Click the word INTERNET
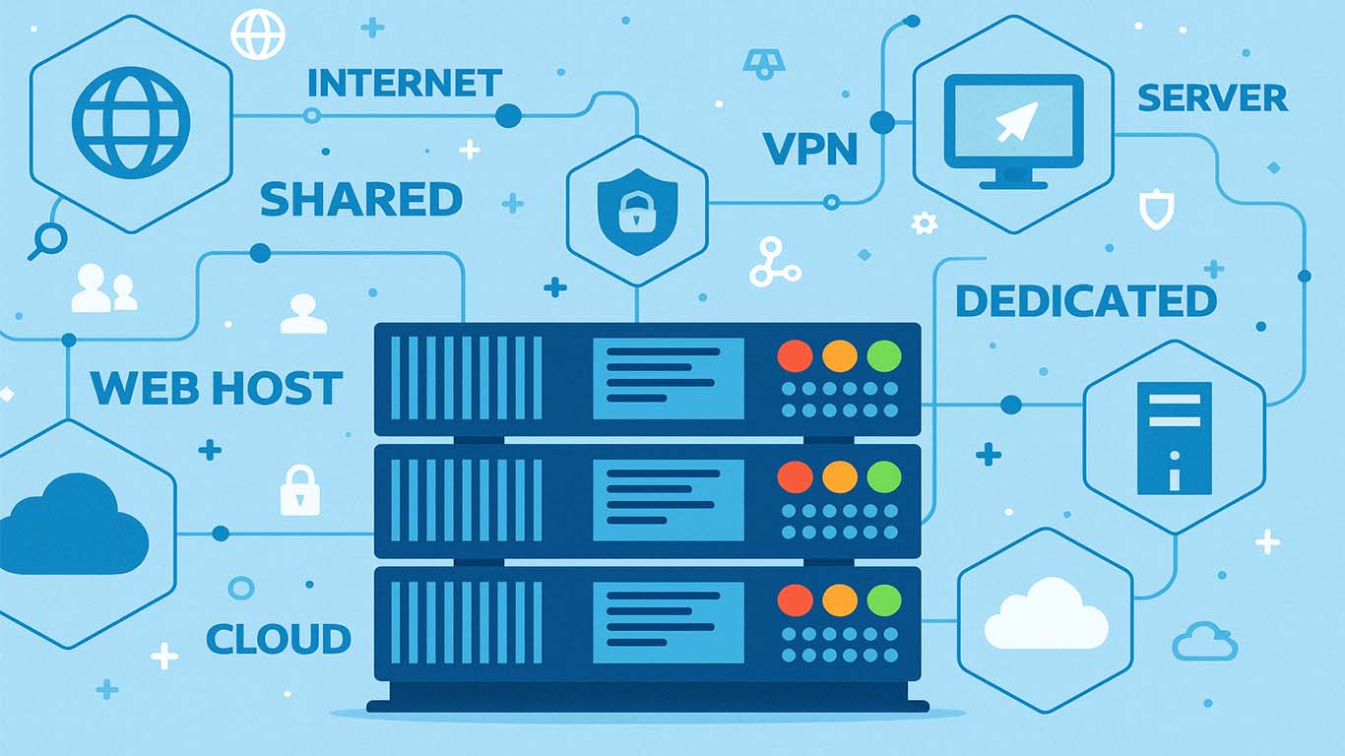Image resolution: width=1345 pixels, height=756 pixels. pos(405,84)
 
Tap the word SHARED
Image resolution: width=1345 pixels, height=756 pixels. pos(361,200)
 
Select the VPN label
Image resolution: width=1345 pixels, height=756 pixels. pos(810,149)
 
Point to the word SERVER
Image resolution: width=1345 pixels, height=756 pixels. pos(1212,98)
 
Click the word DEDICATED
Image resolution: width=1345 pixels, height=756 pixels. pos(1086,301)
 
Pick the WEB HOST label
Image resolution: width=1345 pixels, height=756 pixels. pos(217,389)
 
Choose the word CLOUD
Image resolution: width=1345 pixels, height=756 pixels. pos(279,639)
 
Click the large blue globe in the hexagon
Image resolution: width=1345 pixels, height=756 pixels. pos(130,122)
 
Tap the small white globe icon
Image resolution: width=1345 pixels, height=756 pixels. pos(258,33)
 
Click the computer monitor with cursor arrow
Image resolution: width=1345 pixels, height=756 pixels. pos(1013,128)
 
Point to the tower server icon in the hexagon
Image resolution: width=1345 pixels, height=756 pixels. pos(1174,437)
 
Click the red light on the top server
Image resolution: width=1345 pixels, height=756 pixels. pos(795,355)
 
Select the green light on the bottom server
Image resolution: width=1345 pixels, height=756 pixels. pos(884,599)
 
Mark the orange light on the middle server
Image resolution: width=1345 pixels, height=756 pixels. pos(840,477)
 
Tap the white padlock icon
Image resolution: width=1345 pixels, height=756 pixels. pos(300,491)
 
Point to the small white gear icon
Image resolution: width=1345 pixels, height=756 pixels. pos(924,223)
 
